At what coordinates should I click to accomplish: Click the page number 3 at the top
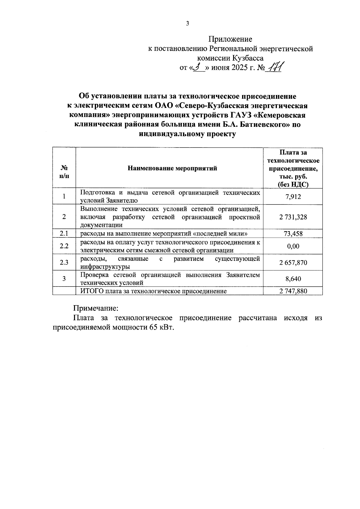(x=187, y=24)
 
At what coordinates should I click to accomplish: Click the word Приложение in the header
(x=230, y=39)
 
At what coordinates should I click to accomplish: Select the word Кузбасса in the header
(x=248, y=58)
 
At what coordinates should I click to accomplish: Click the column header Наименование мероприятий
(x=172, y=168)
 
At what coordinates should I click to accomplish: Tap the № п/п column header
(x=64, y=172)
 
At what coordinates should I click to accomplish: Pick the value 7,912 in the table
(x=293, y=197)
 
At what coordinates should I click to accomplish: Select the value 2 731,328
(x=293, y=217)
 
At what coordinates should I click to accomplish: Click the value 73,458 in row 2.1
(x=293, y=234)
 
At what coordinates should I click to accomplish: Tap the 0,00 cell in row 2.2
(x=293, y=246)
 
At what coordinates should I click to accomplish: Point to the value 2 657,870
(x=293, y=263)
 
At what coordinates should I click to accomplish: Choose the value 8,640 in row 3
(x=293, y=279)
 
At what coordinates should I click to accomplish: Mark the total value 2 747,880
(x=293, y=291)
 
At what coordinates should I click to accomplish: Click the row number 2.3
(x=64, y=263)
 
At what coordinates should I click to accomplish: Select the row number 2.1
(x=64, y=234)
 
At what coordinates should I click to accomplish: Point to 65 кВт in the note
(x=161, y=328)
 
